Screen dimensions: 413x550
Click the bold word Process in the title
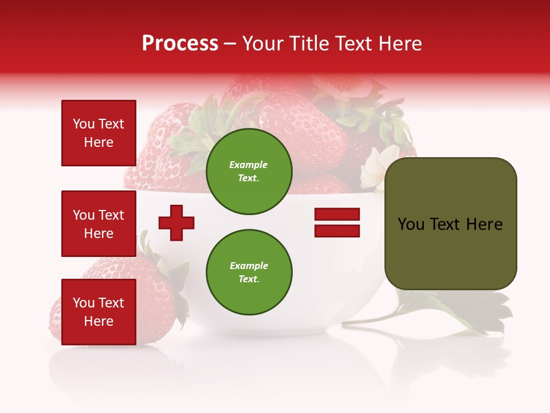click(180, 44)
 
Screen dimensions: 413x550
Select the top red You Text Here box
click(99, 133)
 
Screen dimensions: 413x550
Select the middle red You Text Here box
click(99, 224)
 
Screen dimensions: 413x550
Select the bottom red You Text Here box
click(99, 312)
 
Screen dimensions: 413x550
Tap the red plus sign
click(176, 223)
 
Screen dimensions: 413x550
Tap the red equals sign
click(337, 223)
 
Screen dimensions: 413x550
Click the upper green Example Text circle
click(249, 172)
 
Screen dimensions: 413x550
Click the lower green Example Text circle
click(249, 272)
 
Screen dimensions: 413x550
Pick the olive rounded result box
click(450, 224)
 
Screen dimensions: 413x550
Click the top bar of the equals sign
click(337, 215)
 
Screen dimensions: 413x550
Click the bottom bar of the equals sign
click(337, 231)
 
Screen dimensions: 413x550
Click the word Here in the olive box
click(484, 224)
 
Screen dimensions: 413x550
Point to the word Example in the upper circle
click(249, 165)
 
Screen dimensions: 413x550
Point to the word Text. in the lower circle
click(249, 279)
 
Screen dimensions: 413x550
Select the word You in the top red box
click(84, 124)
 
